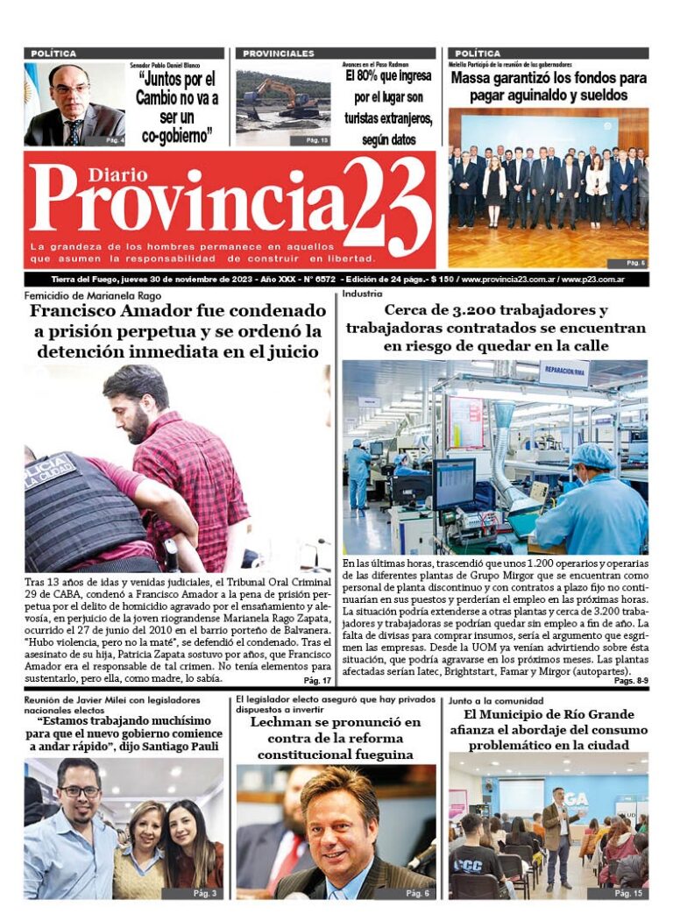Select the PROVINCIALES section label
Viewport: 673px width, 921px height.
tap(278, 53)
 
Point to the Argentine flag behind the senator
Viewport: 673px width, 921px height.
tap(33, 88)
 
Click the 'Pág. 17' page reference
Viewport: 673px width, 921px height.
tap(316, 680)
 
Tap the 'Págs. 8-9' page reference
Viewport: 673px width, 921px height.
tap(630, 680)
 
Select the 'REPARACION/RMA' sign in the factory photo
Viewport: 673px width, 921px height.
tap(563, 372)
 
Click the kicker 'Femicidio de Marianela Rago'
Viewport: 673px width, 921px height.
tap(83, 295)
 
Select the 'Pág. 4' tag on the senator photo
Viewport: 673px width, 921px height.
tap(115, 140)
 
